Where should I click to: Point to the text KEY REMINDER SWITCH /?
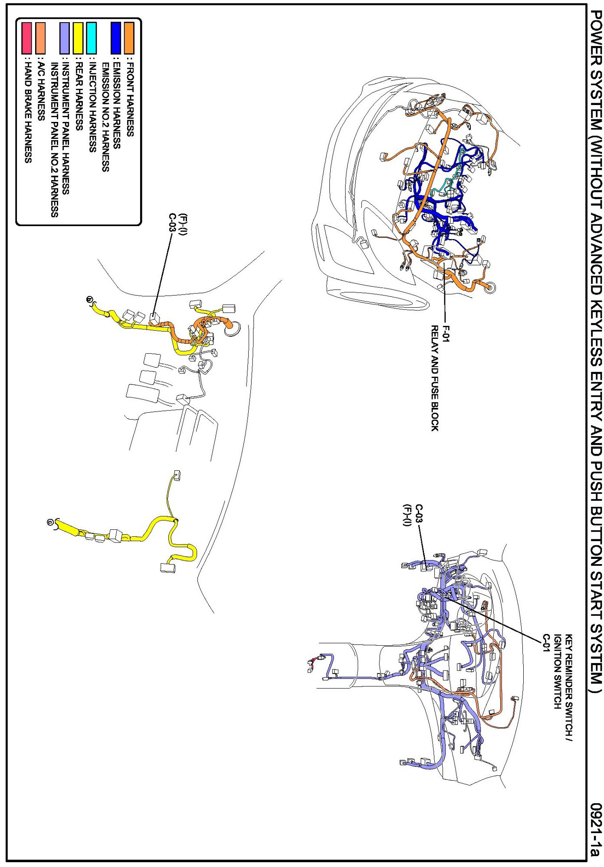pyautogui.click(x=569, y=688)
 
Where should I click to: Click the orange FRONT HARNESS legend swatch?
pyautogui.click(x=129, y=38)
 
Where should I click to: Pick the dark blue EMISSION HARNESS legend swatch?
pyautogui.click(x=116, y=38)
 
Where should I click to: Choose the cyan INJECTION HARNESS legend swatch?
pyautogui.click(x=91, y=38)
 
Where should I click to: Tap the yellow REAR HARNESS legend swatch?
pyautogui.click(x=78, y=38)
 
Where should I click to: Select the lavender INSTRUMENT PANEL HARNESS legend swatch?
pyautogui.click(x=65, y=38)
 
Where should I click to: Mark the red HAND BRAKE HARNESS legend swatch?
pyautogui.click(x=27, y=38)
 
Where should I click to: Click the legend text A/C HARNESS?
pyautogui.click(x=41, y=91)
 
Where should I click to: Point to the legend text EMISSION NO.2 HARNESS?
pyautogui.click(x=105, y=117)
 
